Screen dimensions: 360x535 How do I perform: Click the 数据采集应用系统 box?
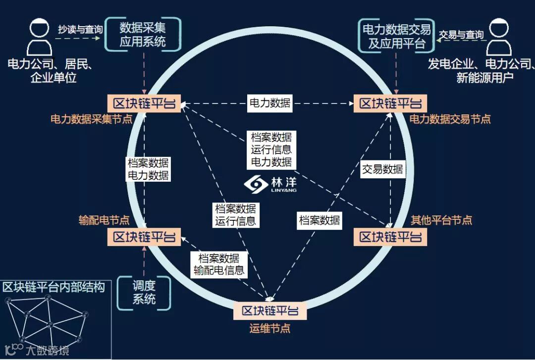[143, 35]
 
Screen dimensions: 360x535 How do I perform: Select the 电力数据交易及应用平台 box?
[396, 36]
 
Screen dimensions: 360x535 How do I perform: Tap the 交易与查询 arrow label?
[461, 35]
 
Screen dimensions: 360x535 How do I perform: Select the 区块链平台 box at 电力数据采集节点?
[144, 103]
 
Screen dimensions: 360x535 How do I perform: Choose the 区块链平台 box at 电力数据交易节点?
[390, 103]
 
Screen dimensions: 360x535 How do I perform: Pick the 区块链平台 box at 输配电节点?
[144, 237]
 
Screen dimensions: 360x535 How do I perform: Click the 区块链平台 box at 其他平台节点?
[390, 237]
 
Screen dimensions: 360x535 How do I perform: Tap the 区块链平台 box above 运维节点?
[270, 311]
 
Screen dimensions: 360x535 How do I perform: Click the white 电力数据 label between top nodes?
[269, 103]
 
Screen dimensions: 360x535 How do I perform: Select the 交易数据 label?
[382, 169]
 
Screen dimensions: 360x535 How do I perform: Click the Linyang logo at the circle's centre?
[269, 184]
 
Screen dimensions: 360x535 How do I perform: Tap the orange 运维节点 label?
[269, 328]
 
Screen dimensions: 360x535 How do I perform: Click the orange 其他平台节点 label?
[441, 220]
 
